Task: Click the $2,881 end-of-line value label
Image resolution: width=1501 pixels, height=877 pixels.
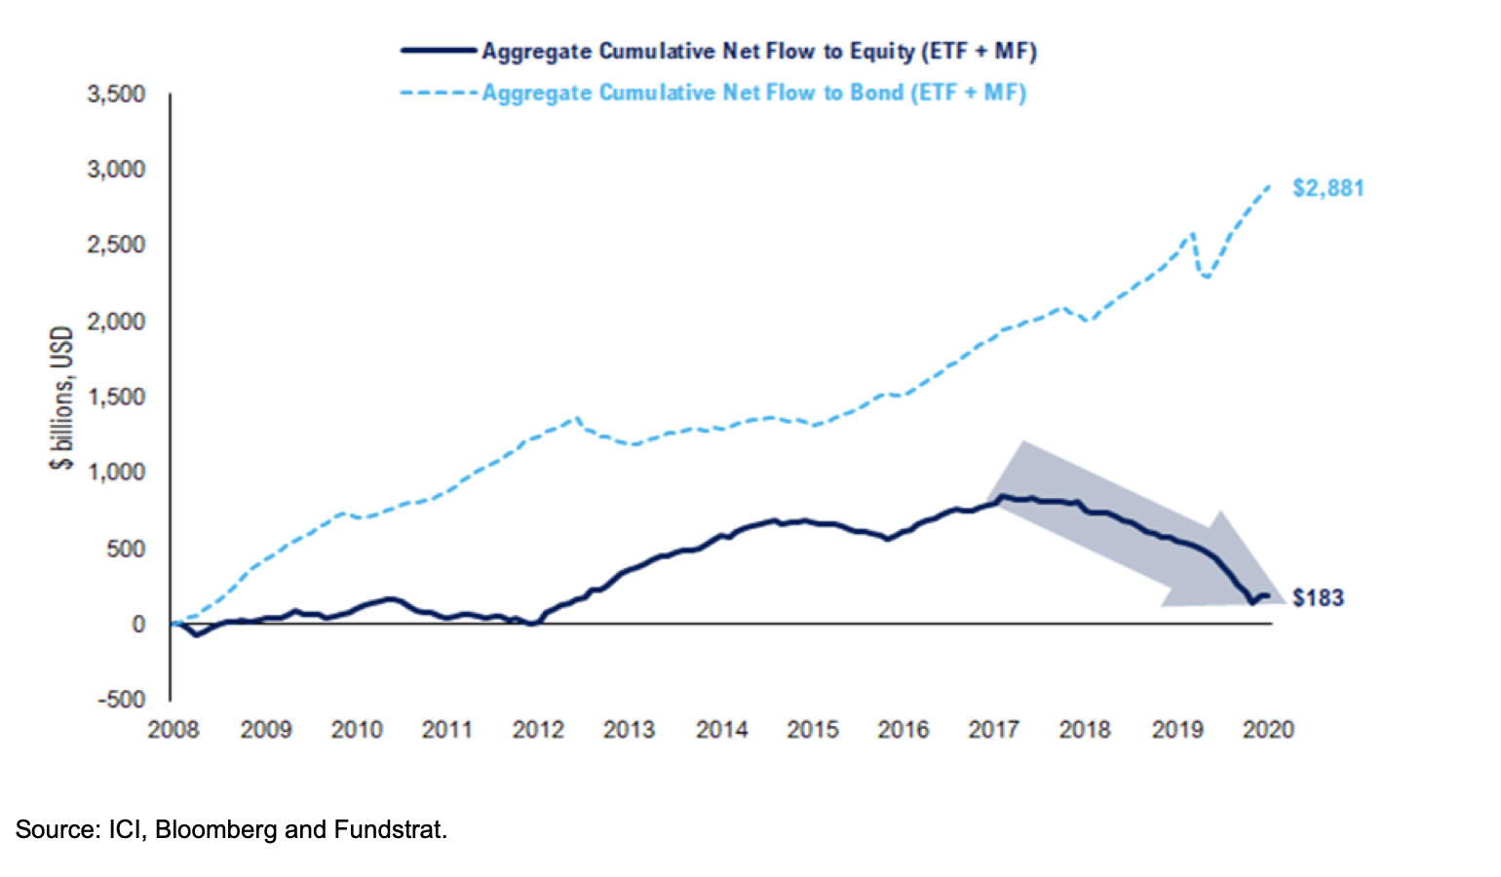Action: (1328, 188)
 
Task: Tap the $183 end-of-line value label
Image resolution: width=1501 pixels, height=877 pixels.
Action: (1318, 598)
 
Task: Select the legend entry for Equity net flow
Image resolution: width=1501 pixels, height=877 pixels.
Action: (758, 51)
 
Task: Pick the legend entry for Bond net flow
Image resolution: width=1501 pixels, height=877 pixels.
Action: (753, 93)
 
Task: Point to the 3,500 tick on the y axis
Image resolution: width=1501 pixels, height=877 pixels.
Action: (116, 94)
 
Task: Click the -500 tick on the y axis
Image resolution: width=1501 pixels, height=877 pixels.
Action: (121, 699)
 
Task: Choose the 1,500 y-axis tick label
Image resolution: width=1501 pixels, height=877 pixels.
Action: (116, 397)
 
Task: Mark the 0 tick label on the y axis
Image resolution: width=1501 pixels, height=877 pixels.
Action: (138, 624)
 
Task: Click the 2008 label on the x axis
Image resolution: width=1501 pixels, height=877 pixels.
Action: (173, 729)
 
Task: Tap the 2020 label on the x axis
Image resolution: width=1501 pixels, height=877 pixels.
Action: (1268, 729)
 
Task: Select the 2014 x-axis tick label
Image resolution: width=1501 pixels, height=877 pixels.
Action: (721, 729)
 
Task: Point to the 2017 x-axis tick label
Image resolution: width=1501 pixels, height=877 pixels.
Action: (994, 729)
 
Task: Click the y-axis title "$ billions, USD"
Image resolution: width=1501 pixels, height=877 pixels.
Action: (61, 398)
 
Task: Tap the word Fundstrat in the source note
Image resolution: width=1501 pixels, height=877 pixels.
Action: (388, 829)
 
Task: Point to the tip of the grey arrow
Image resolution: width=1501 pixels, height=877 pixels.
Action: (1285, 603)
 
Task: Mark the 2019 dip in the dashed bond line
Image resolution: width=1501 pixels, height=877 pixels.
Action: (1208, 277)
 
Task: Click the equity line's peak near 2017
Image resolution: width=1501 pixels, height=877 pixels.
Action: (1002, 496)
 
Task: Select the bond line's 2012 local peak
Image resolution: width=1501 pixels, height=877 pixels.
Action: (578, 418)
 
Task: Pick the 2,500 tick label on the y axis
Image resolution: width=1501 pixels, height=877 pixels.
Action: (116, 245)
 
